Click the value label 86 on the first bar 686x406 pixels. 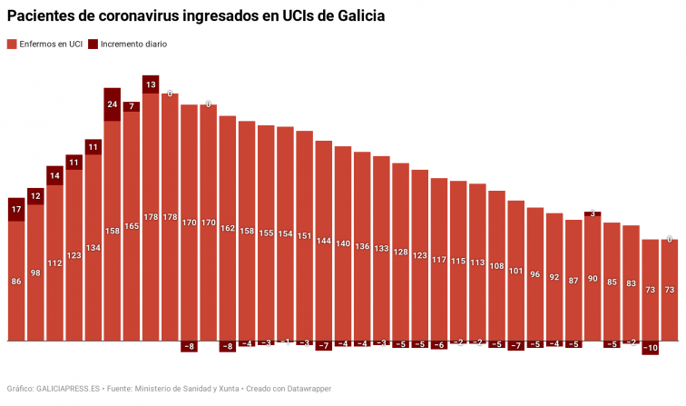tap(16, 282)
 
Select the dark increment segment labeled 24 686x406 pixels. tap(113, 104)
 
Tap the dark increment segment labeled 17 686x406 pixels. tap(16, 210)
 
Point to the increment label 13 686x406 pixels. tap(151, 84)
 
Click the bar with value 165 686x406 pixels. tap(132, 227)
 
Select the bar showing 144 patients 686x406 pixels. tap(324, 242)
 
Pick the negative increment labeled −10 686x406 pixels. tap(651, 348)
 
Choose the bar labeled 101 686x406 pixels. tap(516, 272)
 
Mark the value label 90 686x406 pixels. tap(593, 278)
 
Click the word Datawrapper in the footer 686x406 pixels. tap(306, 388)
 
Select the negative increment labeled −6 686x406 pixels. tap(439, 345)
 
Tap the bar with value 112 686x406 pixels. tap(54, 263)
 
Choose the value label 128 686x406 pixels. tap(400, 252)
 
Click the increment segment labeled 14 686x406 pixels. tap(54, 175)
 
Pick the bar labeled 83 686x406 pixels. tap(632, 283)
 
